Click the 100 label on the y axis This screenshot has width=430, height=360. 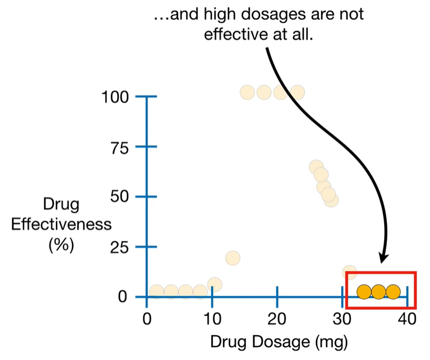point(116,97)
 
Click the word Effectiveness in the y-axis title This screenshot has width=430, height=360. point(61,225)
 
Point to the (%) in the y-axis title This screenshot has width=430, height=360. point(61,244)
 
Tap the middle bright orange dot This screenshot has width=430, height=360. point(378,291)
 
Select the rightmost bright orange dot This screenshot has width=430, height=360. point(392,291)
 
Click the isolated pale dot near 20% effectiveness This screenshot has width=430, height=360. point(233,258)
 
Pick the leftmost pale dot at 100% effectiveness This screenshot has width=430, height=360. point(247,92)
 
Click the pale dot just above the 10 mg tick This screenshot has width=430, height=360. point(214,285)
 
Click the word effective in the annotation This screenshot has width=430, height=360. point(232,34)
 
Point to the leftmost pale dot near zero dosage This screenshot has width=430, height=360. point(156,291)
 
